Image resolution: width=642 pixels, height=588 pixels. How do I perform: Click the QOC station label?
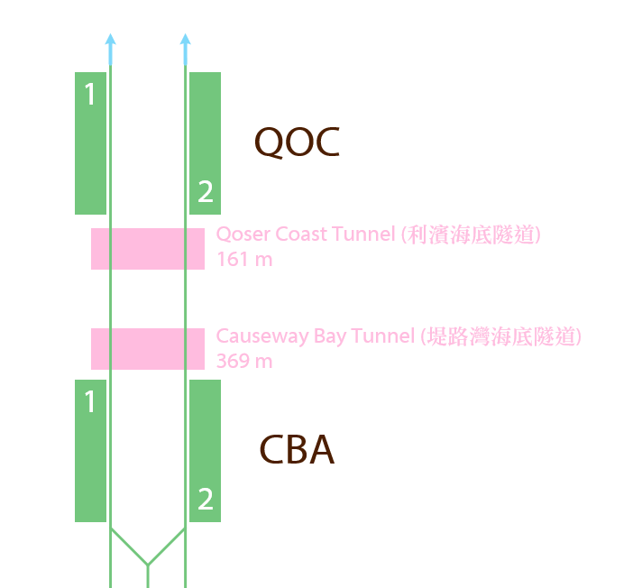pos(297,142)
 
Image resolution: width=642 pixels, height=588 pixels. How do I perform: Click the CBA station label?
pos(297,450)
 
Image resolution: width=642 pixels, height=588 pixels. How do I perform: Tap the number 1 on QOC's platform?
pos(89,94)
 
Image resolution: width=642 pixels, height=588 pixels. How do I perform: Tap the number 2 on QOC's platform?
pos(206,191)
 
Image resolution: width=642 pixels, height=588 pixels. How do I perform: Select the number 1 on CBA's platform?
pos(89,401)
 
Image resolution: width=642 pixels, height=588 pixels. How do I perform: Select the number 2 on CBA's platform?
pos(206,499)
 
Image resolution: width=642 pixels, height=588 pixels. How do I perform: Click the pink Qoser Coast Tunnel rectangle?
pos(148,249)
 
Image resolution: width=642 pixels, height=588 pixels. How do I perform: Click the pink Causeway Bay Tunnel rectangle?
pos(148,348)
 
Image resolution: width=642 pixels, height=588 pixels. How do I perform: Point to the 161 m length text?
pos(244,260)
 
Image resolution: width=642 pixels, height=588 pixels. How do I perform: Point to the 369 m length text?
pos(244,361)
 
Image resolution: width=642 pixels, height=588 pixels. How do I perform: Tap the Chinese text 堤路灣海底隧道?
pos(505,337)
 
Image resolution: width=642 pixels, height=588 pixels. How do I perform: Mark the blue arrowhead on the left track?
pos(110,40)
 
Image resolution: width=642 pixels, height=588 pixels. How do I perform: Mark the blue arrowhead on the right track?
pos(185,40)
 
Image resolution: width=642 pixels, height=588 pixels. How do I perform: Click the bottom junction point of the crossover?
pos(148,565)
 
